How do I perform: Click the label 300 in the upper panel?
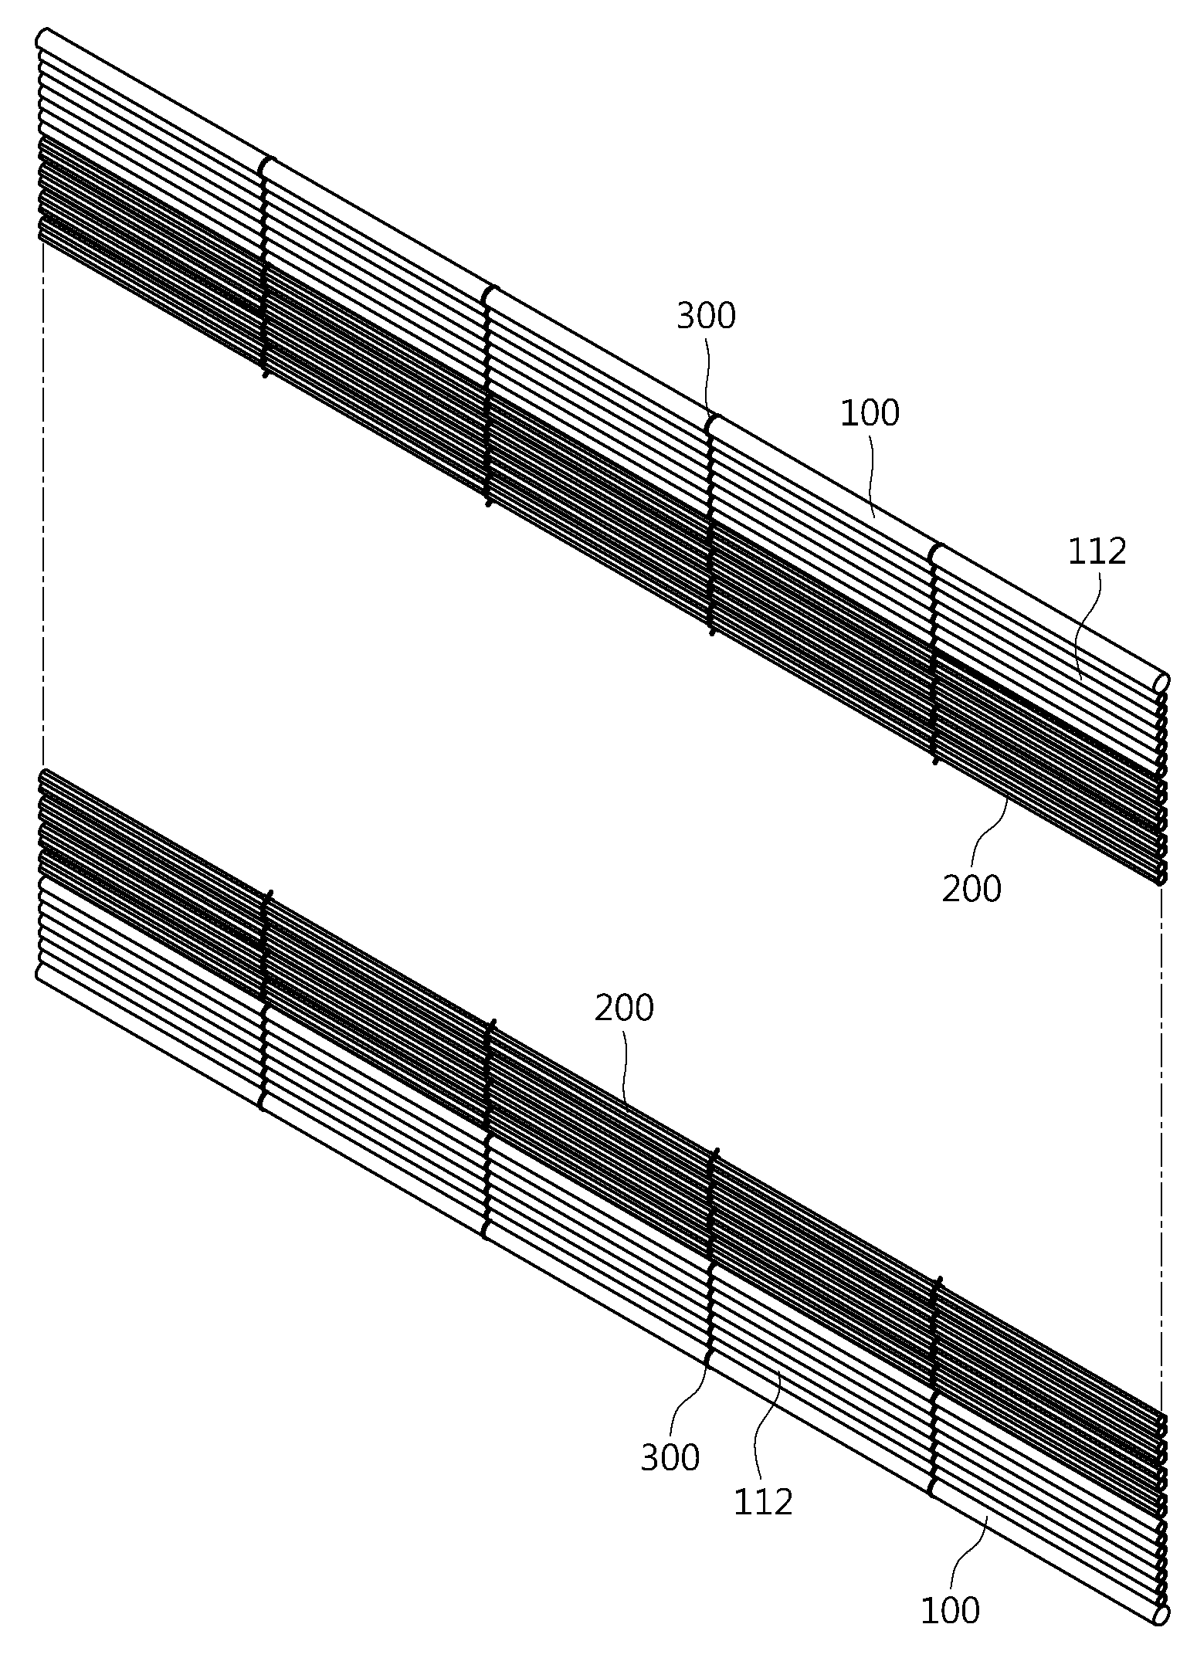706,317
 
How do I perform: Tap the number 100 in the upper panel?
870,413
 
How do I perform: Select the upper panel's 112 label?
1097,551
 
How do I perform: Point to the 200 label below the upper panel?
972,889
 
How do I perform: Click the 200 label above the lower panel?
624,1009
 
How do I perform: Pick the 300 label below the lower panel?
670,1458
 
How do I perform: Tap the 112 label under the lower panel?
763,1503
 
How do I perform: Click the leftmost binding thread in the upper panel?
265,268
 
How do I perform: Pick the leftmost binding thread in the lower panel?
265,1000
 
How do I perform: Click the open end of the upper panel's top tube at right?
1161,683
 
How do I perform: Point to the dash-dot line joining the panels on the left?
43,507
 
